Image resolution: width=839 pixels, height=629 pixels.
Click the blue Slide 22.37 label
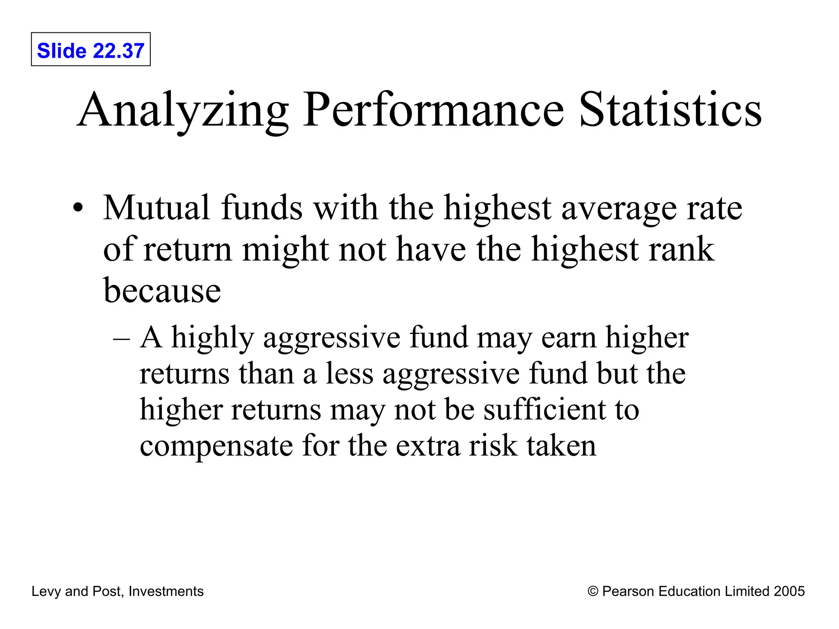click(91, 51)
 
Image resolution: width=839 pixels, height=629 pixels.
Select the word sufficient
click(544, 410)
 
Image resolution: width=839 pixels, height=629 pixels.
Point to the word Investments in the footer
click(166, 591)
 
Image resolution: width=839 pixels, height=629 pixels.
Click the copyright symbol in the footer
click(592, 591)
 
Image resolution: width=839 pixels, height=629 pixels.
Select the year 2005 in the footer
click(789, 591)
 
